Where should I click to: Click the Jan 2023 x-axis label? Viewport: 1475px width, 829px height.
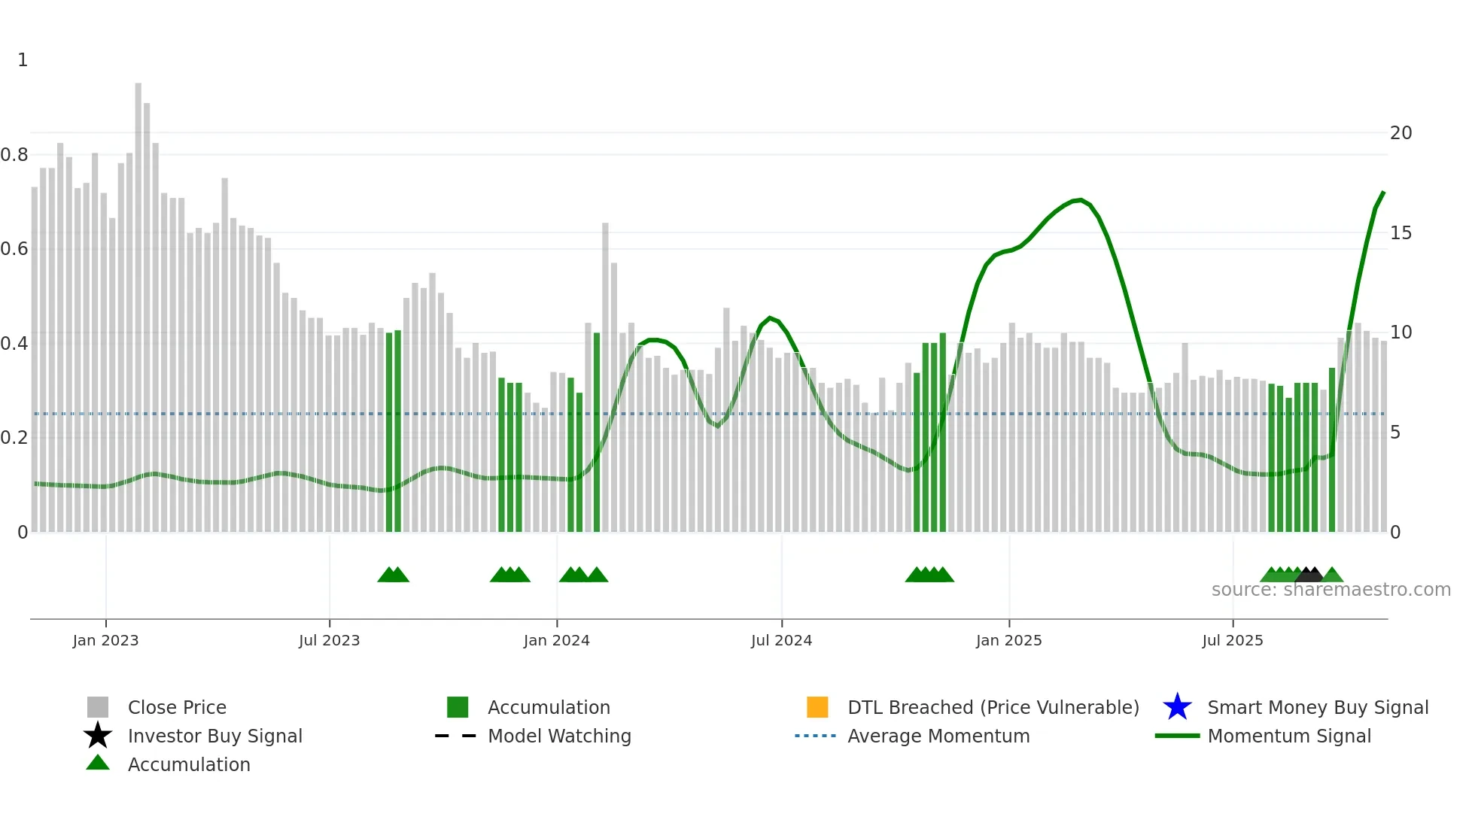tap(105, 640)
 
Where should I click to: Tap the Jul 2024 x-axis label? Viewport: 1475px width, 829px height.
tap(781, 640)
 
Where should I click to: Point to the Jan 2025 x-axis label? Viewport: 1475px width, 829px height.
tap(1008, 640)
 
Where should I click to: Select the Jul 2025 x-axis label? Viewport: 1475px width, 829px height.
tap(1232, 640)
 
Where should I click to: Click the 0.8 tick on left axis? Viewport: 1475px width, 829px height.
tap(14, 155)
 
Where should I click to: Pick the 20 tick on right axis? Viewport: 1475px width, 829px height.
tap(1400, 133)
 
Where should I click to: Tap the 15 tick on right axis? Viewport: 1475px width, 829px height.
tap(1400, 233)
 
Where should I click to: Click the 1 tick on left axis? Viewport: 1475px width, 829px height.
tap(23, 60)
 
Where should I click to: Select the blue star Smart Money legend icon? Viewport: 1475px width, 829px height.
tap(1177, 707)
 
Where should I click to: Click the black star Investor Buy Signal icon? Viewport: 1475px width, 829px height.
tap(98, 736)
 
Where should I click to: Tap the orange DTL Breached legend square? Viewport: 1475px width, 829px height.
tap(817, 707)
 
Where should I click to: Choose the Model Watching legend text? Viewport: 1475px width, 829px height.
tap(559, 736)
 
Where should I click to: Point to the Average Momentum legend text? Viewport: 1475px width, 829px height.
tap(938, 736)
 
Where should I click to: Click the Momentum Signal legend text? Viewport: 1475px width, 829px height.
tap(1289, 736)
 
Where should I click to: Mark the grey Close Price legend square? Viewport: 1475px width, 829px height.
tap(98, 707)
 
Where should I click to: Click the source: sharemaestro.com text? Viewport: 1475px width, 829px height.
tap(1331, 590)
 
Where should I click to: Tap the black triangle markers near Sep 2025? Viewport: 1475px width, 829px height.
tap(1309, 575)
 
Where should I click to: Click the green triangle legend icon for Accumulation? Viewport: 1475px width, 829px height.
tap(98, 763)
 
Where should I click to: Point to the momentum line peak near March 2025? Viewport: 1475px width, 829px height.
tap(1081, 200)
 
